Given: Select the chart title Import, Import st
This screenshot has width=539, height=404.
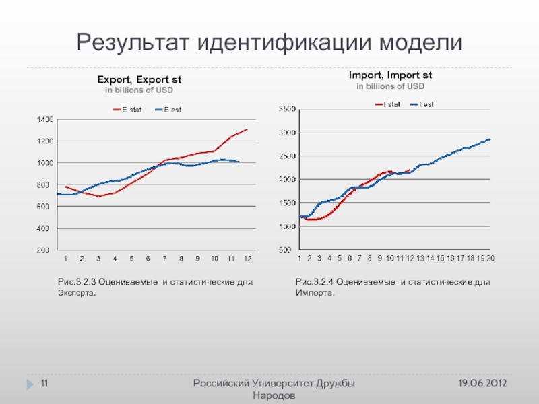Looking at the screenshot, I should [390, 77].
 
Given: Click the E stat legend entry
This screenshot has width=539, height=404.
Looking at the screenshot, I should [127, 110].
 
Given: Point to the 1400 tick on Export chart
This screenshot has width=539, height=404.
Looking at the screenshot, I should [45, 119].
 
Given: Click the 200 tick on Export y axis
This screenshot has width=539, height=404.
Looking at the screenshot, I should [46, 250].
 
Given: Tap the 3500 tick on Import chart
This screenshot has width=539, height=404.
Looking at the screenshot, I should [287, 108].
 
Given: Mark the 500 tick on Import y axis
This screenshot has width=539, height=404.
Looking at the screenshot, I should [289, 250].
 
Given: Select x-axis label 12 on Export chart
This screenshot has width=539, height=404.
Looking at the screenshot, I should [247, 259].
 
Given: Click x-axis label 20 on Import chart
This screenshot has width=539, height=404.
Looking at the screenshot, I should [490, 259].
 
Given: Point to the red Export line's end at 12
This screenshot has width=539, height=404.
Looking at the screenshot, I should [247, 129].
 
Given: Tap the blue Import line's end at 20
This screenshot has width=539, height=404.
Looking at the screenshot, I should [490, 139].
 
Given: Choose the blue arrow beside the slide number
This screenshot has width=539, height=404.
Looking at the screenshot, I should [30, 384].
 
